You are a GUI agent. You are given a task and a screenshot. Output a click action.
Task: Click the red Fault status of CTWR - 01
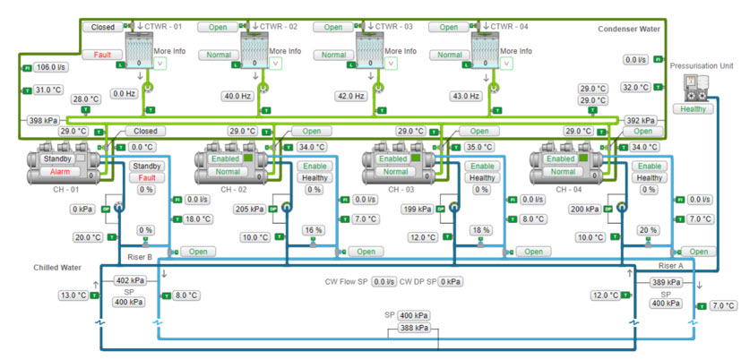click(102, 55)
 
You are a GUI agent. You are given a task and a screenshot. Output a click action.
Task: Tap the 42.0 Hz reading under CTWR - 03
click(351, 96)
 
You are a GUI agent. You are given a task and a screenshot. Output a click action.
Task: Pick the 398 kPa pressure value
click(42, 120)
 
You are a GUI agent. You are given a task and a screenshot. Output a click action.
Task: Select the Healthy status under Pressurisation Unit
click(694, 108)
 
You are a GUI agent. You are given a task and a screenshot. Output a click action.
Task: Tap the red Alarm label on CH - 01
click(59, 171)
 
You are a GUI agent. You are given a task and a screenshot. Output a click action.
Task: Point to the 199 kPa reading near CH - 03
click(418, 209)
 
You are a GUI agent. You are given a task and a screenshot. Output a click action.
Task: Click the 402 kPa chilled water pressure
click(129, 281)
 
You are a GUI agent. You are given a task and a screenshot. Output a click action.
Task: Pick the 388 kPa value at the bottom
click(413, 328)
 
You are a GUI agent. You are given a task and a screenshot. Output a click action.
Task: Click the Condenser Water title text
click(629, 30)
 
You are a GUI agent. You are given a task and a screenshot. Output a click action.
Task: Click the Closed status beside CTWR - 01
click(102, 27)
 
